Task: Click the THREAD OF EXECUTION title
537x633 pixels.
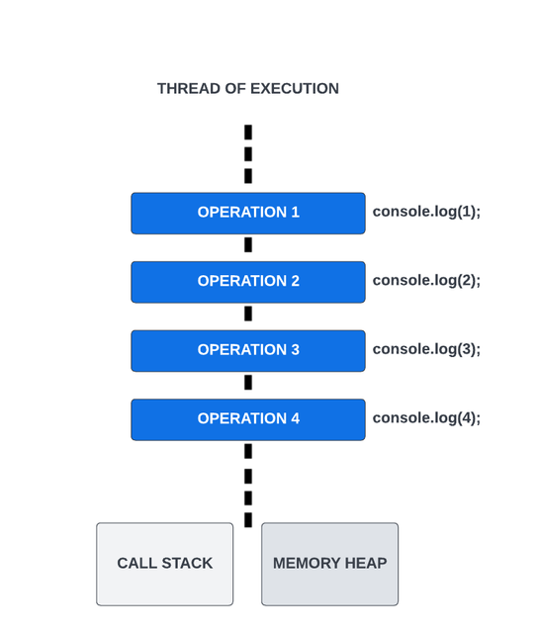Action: point(248,88)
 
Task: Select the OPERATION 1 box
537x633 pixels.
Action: point(248,214)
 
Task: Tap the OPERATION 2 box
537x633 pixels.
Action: point(248,282)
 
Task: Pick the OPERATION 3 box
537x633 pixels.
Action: point(248,351)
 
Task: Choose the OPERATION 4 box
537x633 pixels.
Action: point(248,419)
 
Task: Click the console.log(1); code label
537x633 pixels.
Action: point(426,212)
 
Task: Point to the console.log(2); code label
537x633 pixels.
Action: point(426,280)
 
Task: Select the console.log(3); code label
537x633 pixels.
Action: point(426,349)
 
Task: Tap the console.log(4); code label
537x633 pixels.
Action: point(426,417)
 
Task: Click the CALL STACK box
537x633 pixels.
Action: point(165,564)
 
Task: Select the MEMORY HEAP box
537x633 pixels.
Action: point(330,564)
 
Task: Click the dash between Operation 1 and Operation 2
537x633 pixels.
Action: point(248,244)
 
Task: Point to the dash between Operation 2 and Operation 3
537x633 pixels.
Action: point(248,314)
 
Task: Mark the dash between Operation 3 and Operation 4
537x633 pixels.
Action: point(248,383)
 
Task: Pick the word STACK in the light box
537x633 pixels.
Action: point(187,563)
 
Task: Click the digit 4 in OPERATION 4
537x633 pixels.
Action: point(295,418)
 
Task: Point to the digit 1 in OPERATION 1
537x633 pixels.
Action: point(295,213)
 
